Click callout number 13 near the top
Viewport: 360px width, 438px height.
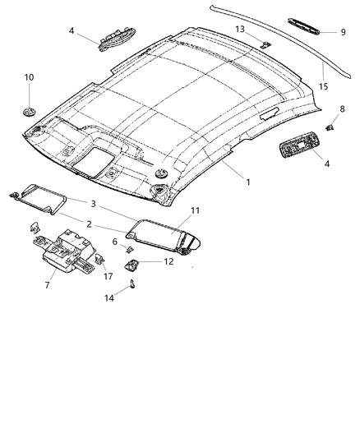[241, 29]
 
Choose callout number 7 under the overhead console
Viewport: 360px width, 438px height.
[47, 285]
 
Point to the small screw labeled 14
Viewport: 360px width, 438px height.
[132, 286]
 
